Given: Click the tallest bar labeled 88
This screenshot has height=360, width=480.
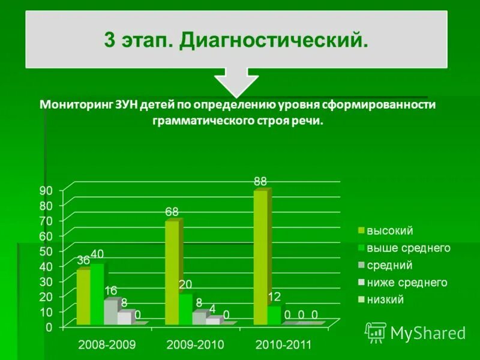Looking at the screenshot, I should point(260,258).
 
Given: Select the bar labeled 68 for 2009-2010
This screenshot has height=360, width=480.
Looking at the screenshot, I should point(172,273).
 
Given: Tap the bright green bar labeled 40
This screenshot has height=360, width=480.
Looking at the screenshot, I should point(97,294).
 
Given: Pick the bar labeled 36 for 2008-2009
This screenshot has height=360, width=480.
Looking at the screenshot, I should point(83,297).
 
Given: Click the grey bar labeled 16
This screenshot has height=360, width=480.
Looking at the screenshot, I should point(110,312).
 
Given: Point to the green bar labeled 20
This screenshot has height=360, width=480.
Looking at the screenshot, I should point(185,309).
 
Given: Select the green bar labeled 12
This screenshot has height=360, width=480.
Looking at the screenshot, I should point(274,316).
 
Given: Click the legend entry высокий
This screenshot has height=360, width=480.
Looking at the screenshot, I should point(389,230).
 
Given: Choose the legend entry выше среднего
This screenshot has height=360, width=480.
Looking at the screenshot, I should point(408,248).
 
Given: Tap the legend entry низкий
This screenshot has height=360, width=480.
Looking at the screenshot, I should point(385,299).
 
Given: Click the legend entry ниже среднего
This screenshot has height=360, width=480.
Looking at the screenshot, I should point(407,283).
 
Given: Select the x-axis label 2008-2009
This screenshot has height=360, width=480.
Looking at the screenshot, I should point(107,345).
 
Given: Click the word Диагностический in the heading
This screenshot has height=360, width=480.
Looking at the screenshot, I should point(273,40).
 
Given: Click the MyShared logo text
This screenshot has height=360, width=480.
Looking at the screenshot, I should point(428,333).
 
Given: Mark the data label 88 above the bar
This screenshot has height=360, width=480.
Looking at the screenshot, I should point(260,181).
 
